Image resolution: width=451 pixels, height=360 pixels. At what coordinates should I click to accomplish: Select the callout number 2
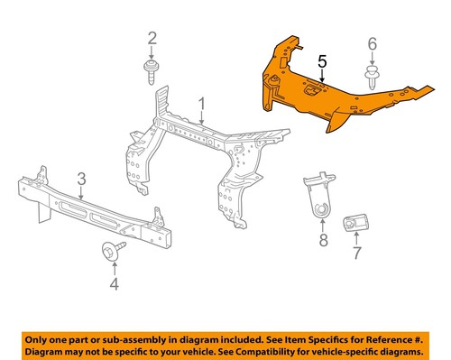tap(152, 38)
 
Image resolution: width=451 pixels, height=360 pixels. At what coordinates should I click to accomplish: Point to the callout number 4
tap(114, 286)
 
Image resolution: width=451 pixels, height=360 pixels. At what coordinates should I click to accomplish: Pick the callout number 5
tap(321, 62)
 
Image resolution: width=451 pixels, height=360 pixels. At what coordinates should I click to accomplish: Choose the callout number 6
tap(371, 43)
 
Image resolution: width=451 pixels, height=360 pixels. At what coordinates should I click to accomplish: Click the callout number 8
tap(322, 240)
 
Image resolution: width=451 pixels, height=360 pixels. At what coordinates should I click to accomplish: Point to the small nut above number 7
tap(353, 222)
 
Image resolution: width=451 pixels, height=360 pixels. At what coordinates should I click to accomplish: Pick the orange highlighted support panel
tap(307, 90)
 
